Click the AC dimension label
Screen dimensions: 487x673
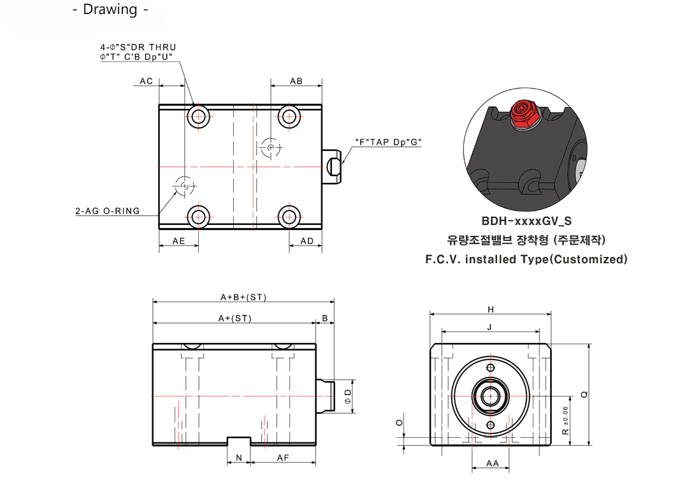[147, 81]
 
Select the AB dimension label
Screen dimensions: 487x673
[296, 81]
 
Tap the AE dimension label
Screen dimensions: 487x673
[178, 241]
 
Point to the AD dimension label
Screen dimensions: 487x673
[307, 241]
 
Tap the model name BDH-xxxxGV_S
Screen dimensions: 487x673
[526, 221]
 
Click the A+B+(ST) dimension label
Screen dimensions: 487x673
[243, 297]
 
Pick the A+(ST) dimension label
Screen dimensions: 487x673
[235, 317]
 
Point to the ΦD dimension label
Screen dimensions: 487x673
[347, 396]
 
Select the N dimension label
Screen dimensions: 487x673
[239, 458]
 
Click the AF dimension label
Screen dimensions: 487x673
[284, 458]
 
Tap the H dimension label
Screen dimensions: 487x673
[490, 309]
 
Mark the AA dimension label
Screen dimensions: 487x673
[492, 463]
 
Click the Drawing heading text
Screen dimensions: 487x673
[110, 10]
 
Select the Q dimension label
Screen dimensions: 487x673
[584, 395]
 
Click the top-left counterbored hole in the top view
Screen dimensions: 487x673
[198, 115]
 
